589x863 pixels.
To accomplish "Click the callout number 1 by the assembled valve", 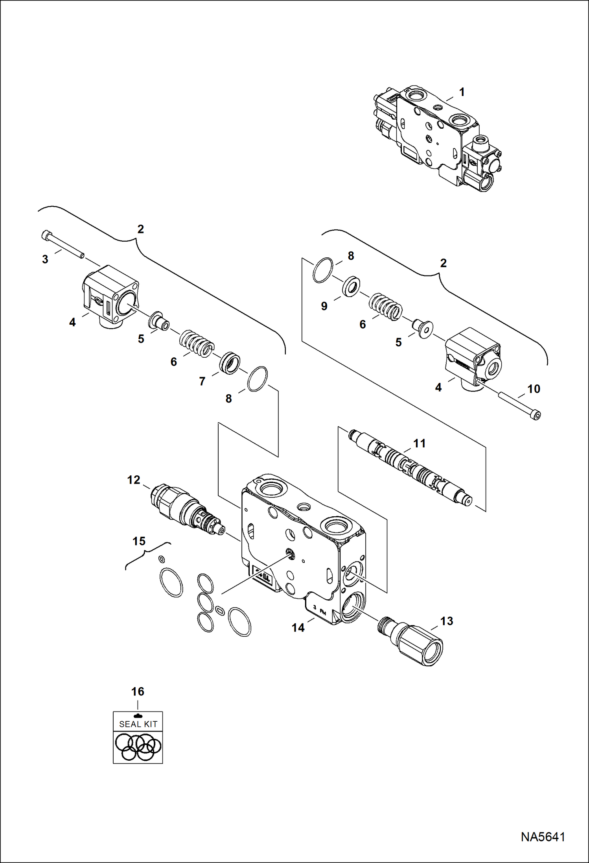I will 462,92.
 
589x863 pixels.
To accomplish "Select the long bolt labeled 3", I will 63,245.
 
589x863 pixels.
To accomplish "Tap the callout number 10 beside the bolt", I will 533,389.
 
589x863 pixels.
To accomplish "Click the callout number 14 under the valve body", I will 298,627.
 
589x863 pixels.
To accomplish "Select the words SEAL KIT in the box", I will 138,724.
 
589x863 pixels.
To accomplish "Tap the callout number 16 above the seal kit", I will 138,691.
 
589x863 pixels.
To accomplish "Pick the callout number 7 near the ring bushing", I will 202,381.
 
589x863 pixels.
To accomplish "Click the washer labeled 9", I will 350,286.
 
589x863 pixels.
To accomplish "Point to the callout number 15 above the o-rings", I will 139,541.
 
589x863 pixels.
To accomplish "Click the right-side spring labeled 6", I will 386,307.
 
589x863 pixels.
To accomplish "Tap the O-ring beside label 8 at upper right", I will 323,270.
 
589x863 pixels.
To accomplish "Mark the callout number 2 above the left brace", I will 140,229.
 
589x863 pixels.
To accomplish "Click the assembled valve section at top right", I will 436,138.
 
